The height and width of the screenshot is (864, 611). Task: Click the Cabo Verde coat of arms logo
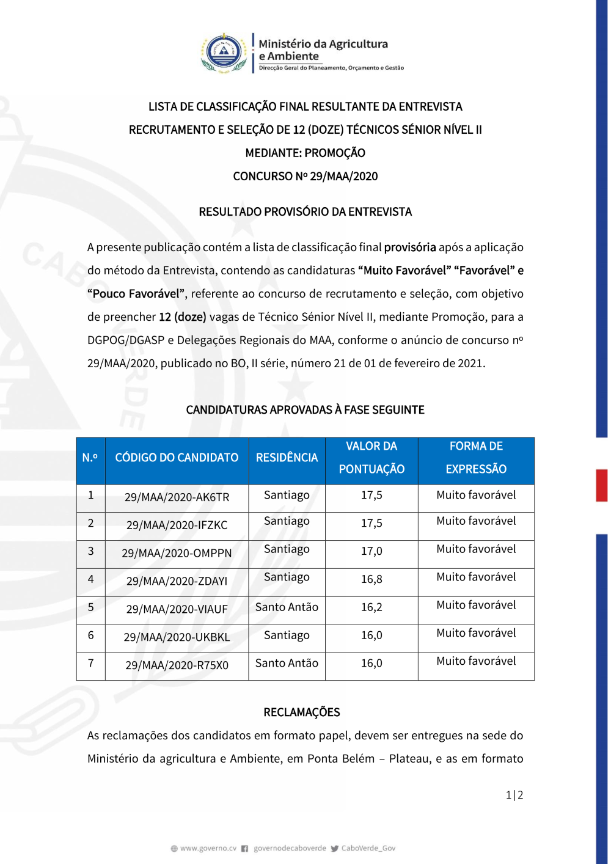[224, 53]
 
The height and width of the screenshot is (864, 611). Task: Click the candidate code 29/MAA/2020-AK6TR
[177, 497]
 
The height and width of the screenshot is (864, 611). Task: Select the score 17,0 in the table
[371, 551]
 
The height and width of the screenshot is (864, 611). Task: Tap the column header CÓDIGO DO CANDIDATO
[177, 458]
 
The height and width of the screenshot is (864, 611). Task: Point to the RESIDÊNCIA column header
[287, 458]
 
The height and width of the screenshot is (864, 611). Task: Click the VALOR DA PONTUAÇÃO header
[371, 458]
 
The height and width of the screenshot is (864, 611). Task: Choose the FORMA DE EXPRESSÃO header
[476, 458]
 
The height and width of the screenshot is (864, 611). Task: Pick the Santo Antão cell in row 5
[287, 607]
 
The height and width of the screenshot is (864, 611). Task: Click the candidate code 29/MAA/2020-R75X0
[177, 665]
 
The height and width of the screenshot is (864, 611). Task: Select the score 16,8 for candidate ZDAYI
[371, 579]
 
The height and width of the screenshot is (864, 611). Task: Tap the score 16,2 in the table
[371, 607]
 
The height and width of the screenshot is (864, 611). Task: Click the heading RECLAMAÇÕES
[302, 712]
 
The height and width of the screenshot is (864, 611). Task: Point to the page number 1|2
[514, 795]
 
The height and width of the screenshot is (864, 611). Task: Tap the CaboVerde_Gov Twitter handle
[368, 849]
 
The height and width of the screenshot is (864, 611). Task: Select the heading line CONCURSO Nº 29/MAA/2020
[305, 177]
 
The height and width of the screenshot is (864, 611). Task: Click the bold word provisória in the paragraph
[410, 247]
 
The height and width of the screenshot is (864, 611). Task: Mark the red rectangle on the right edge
[602, 485]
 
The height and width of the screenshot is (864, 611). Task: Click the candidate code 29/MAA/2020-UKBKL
[177, 637]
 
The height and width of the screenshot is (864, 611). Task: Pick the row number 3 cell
[91, 551]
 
